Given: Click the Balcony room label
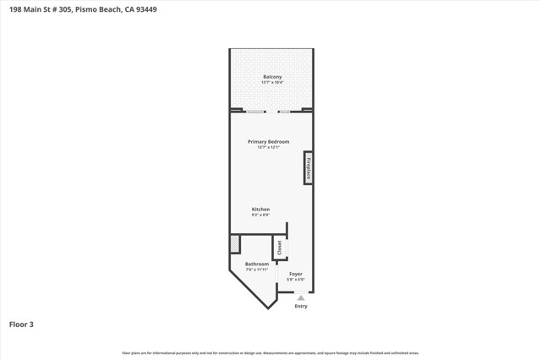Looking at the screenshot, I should click(x=271, y=77).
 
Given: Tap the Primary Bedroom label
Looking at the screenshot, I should click(x=268, y=141).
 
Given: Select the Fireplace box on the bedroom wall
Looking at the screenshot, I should click(x=309, y=166).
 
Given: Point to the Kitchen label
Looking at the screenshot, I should click(x=260, y=209).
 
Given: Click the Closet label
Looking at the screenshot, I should click(x=280, y=248).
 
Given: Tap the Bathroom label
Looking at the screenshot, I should click(x=257, y=264).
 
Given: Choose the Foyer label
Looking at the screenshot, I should click(x=295, y=274).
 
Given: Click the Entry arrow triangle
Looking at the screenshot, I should click(x=301, y=297).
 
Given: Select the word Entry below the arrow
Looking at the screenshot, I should click(x=301, y=306).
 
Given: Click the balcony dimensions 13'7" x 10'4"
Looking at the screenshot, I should click(x=271, y=83).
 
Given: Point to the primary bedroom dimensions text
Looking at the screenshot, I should click(x=268, y=147).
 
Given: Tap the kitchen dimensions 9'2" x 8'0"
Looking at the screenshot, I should click(x=260, y=215).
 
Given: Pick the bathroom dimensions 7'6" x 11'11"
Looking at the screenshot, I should click(x=257, y=270).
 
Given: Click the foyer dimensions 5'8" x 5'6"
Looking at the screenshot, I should click(x=295, y=280).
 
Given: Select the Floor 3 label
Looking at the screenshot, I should click(x=21, y=324).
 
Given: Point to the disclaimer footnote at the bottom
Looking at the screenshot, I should click(x=270, y=352).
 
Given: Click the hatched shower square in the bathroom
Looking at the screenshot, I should click(x=235, y=243).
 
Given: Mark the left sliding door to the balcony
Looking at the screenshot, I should click(x=254, y=112).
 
